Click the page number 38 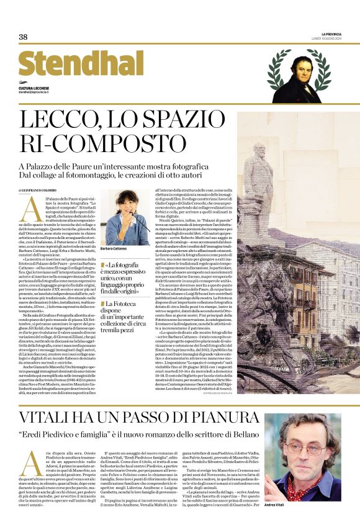point(23,37)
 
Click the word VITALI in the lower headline point(50,417)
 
